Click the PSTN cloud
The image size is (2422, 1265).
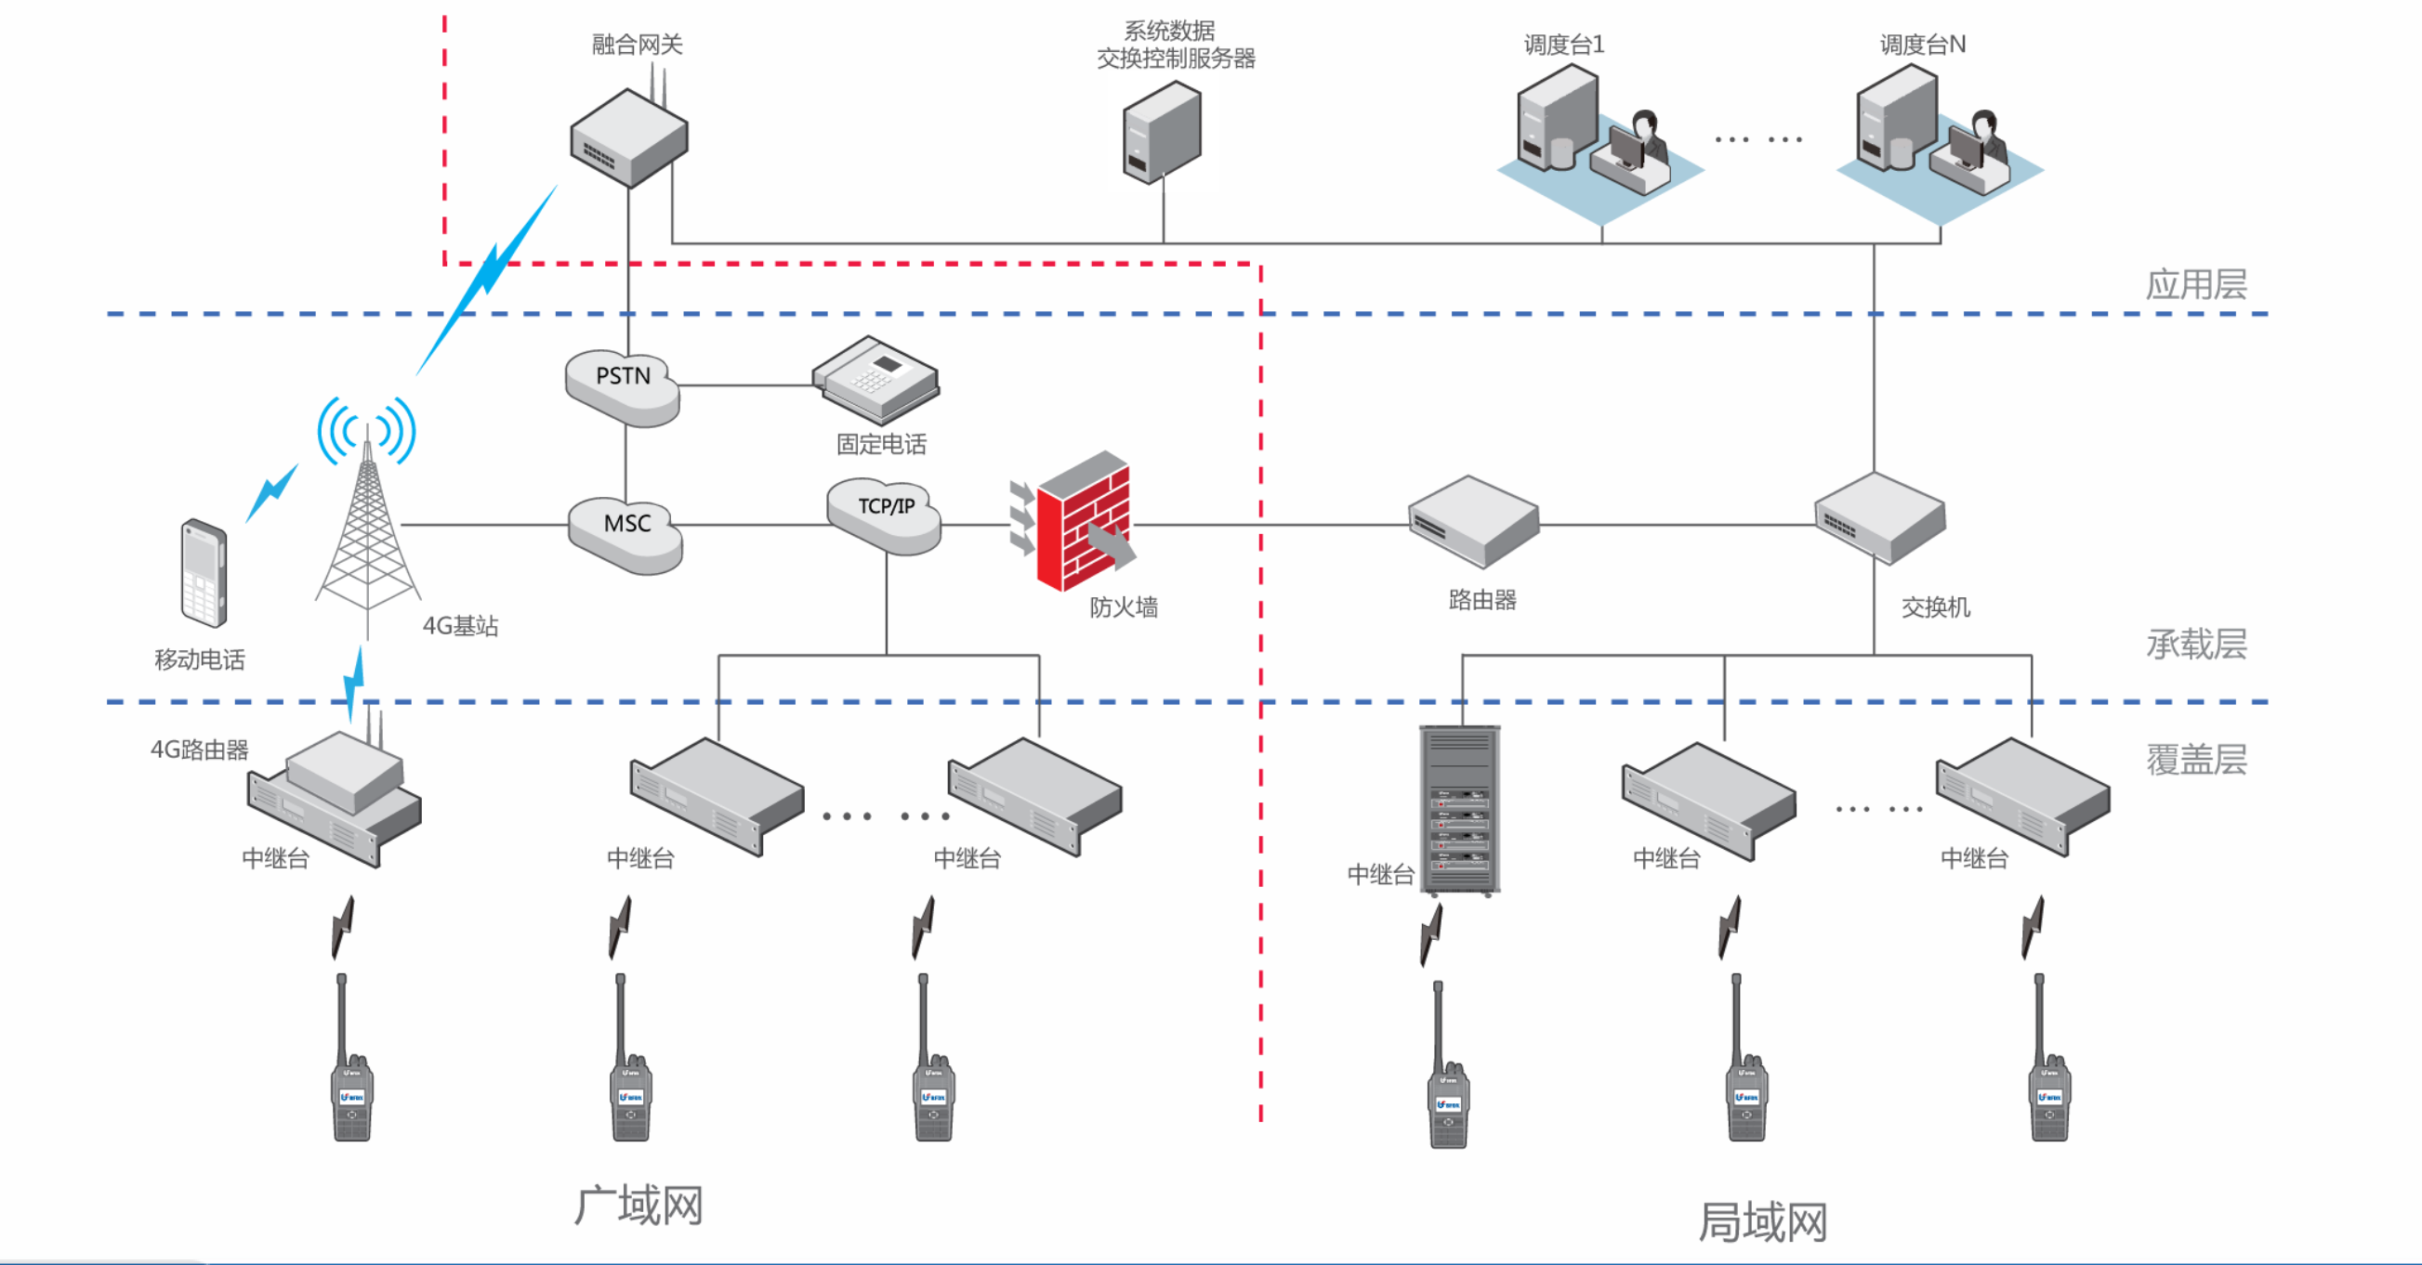pos(623,385)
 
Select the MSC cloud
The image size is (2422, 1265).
pos(626,531)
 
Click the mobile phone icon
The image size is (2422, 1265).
pos(204,572)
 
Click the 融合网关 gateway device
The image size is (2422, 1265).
pos(629,138)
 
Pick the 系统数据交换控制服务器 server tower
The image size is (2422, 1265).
pos(1162,132)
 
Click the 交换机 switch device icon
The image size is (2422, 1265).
pos(1878,517)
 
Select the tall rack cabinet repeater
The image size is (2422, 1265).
pos(1459,809)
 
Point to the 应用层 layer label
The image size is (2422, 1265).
pos(2195,285)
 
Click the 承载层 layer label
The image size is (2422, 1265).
pos(2195,645)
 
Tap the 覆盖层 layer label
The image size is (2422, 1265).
pos(2195,760)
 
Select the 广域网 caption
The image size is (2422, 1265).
pos(638,1206)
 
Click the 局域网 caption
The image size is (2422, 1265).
pos(1762,1221)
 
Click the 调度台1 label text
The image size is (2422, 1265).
pos(1563,45)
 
